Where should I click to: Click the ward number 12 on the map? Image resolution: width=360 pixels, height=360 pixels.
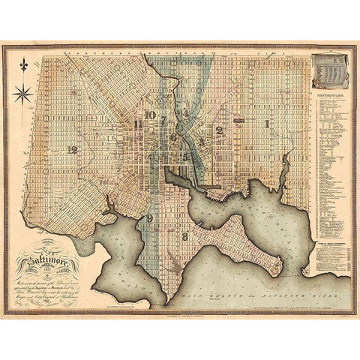click(x=72, y=149)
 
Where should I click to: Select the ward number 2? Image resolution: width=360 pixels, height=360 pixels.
click(x=219, y=130)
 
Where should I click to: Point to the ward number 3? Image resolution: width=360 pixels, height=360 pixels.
click(x=202, y=139)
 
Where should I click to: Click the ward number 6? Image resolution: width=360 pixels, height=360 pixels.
click(x=174, y=137)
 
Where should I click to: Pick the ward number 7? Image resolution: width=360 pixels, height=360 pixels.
click(x=163, y=118)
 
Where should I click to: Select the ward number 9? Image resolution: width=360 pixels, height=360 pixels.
click(x=150, y=218)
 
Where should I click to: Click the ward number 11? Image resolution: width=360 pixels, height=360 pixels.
click(x=137, y=124)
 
